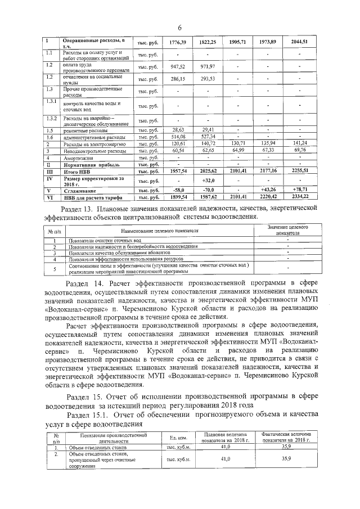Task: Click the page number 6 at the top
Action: (180, 28)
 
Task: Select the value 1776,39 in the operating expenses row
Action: (177, 43)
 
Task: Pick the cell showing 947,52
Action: (177, 67)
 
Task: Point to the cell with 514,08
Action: (177, 137)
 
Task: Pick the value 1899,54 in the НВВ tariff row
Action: (177, 197)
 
